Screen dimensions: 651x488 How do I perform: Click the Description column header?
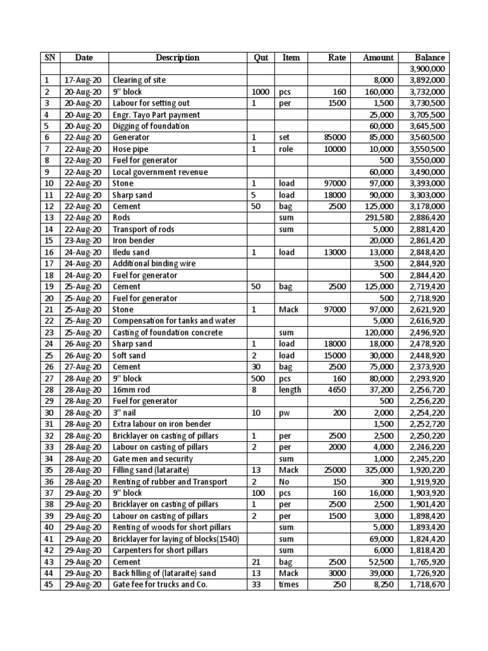pyautogui.click(x=177, y=57)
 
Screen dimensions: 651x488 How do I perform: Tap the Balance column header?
pyautogui.click(x=430, y=57)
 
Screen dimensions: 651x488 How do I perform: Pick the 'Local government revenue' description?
pyautogui.click(x=160, y=172)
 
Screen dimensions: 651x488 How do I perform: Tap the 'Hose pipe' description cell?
pyautogui.click(x=131, y=149)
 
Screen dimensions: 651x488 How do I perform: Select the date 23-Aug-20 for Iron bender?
pyautogui.click(x=83, y=240)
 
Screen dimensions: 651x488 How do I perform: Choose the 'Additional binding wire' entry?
pyautogui.click(x=154, y=263)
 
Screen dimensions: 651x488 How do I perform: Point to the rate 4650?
pyautogui.click(x=335, y=390)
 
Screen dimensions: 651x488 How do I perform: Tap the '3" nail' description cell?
pyautogui.click(x=125, y=413)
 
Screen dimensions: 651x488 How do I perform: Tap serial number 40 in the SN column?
pyautogui.click(x=50, y=528)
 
